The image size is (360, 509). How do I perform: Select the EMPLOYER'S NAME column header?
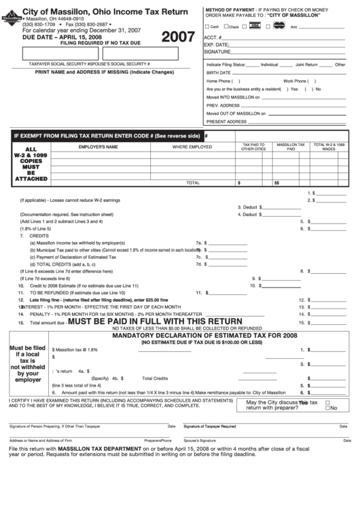click(98, 147)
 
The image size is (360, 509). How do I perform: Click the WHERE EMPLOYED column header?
click(192, 147)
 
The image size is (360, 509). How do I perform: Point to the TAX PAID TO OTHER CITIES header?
click(253, 147)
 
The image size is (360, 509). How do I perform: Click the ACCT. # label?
click(213, 37)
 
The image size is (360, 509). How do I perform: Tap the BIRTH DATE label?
click(219, 72)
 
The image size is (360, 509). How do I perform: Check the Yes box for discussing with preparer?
click(328, 402)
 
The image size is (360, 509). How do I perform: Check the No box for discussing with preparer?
click(328, 408)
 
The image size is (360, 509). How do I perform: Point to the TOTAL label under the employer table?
click(193, 182)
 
